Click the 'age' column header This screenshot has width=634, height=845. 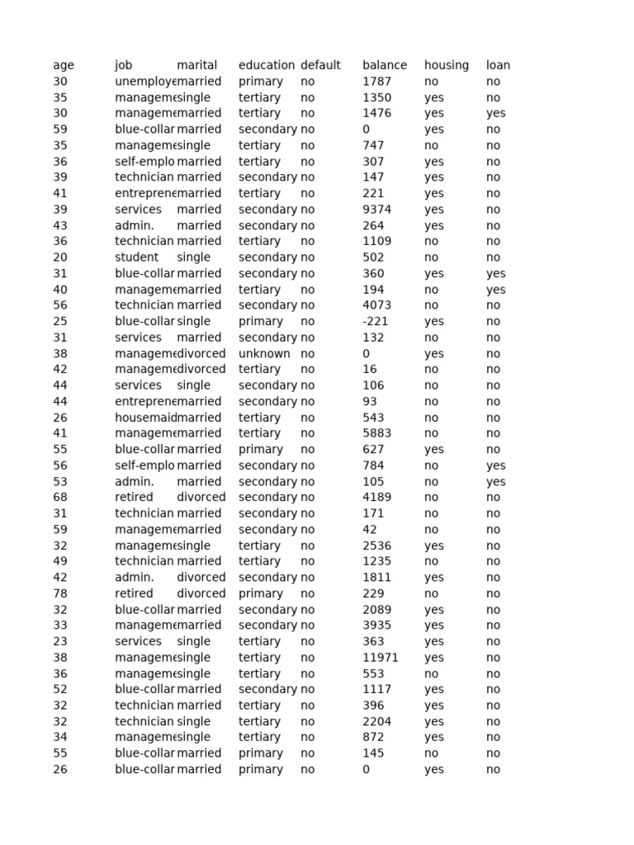[63, 65]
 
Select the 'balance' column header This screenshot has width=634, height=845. [384, 65]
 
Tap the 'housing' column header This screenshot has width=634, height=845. [446, 65]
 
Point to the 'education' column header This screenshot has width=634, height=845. [266, 65]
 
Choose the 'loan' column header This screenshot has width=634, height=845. [498, 65]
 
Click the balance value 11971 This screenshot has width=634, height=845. [380, 658]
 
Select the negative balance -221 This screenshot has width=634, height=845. [374, 321]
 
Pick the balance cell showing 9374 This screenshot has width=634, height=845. [376, 210]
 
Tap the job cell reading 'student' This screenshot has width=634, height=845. [136, 257]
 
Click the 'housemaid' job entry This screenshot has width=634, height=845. [145, 418]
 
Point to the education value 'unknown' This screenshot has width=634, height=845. [264, 353]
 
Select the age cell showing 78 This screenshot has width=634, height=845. [59, 593]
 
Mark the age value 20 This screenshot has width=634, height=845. [59, 257]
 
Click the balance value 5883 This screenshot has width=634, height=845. [376, 433]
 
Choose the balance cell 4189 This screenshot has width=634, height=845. [376, 498]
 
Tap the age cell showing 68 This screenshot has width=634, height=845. [59, 498]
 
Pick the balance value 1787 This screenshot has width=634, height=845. [376, 82]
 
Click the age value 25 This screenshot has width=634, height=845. [59, 321]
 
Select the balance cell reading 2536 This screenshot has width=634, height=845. [376, 545]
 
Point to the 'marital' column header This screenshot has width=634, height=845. [196, 65]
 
